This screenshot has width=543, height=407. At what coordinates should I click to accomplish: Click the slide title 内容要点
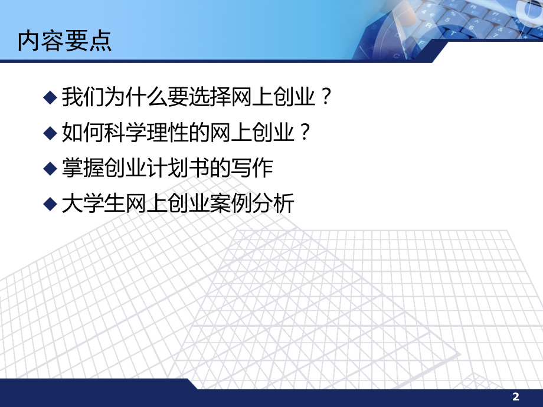click(65, 41)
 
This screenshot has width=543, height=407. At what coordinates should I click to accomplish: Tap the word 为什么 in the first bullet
click(129, 96)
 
